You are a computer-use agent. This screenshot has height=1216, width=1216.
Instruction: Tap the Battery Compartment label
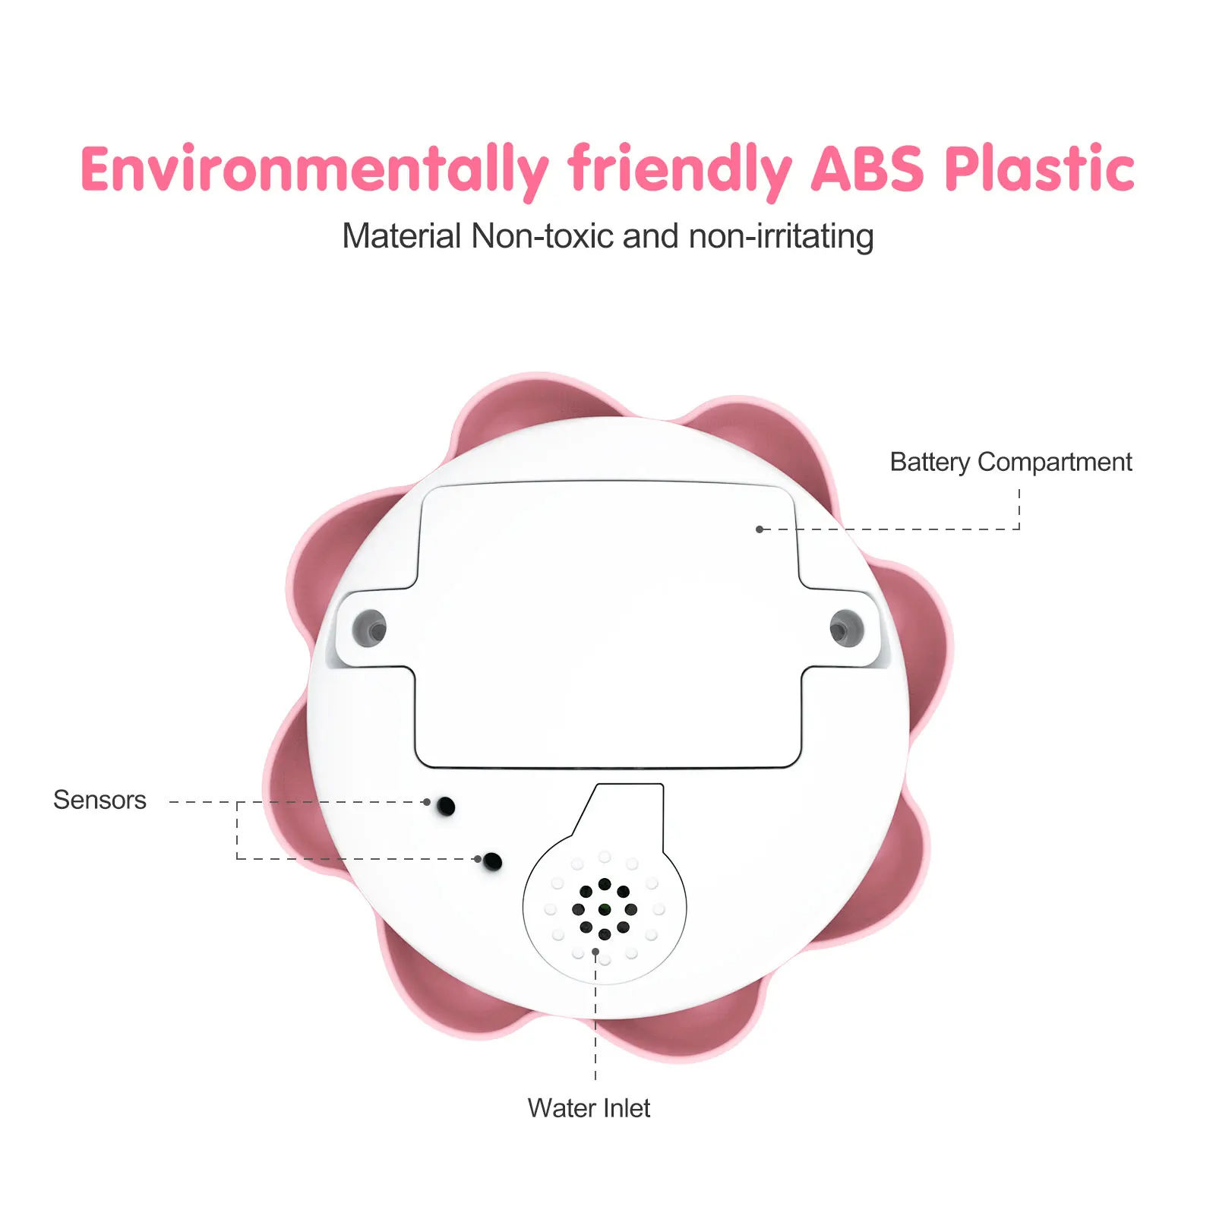[x=1010, y=462]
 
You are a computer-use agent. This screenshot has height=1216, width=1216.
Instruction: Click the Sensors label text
[x=99, y=800]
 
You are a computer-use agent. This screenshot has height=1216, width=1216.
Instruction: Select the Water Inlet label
[x=589, y=1108]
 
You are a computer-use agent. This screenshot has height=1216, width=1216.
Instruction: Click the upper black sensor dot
[x=446, y=806]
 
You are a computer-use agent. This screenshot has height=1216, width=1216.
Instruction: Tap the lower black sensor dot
[x=493, y=861]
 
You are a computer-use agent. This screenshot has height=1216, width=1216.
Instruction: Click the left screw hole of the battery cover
[x=370, y=628]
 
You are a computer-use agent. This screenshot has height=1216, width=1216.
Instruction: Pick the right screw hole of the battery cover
[x=846, y=629]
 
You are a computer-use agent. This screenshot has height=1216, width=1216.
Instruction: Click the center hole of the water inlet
[x=605, y=909]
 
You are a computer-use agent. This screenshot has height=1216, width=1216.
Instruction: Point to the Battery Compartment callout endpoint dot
[x=760, y=529]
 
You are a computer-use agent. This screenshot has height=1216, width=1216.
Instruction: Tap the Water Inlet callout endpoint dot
[x=595, y=952]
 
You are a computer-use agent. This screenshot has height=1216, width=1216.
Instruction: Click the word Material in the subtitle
[x=402, y=236]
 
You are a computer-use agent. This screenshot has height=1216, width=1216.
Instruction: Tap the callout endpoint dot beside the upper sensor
[x=427, y=802]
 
